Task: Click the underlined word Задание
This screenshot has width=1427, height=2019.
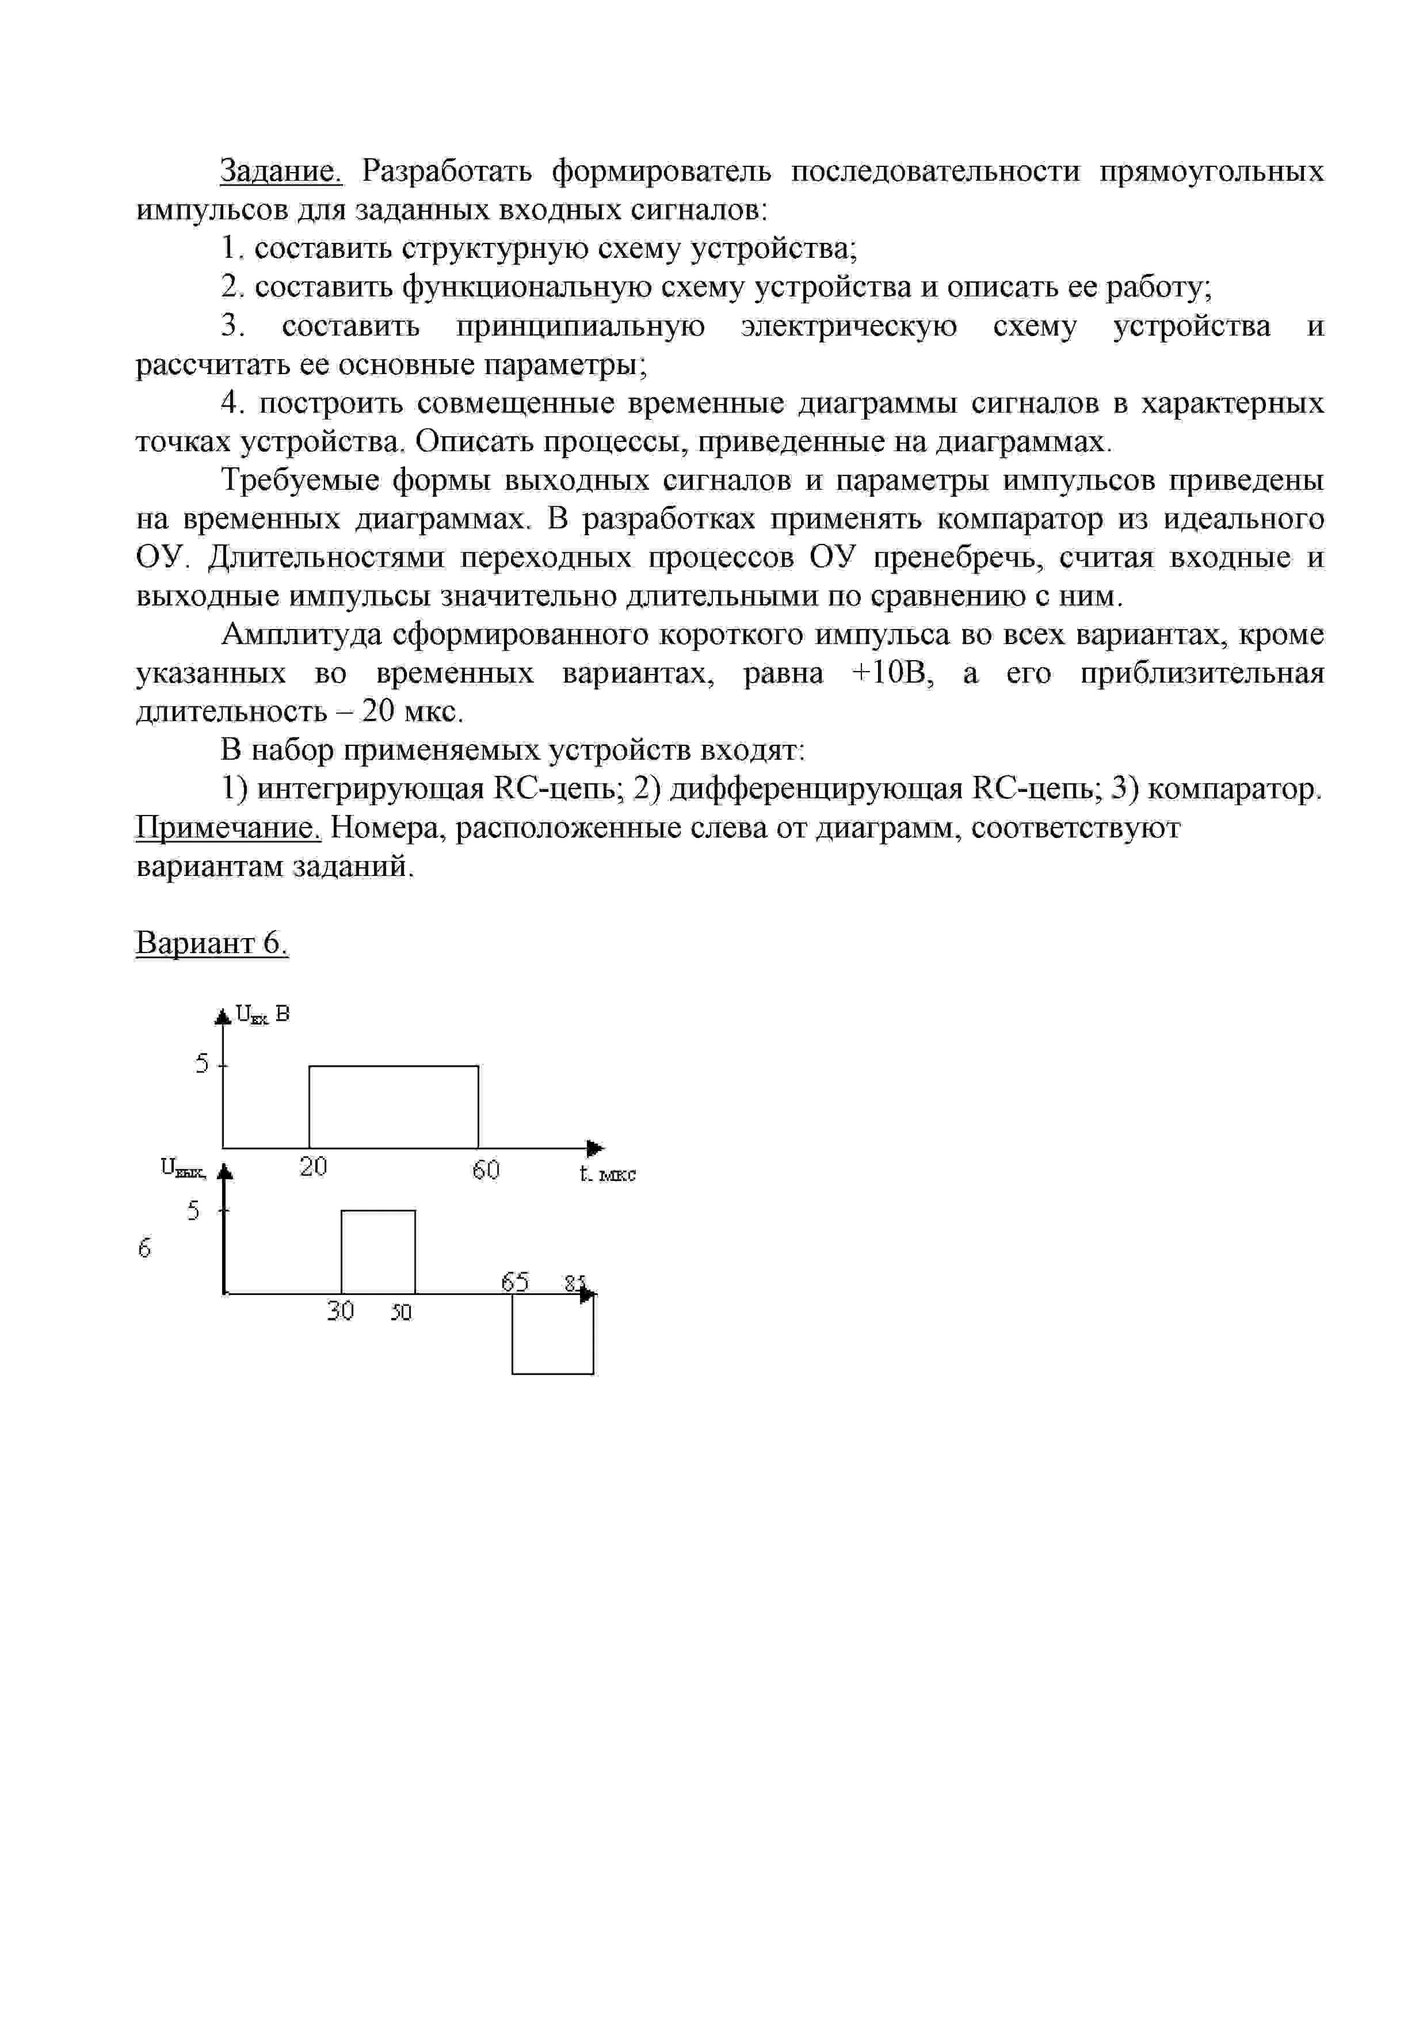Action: click(x=280, y=170)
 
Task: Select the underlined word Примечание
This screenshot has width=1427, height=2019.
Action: click(x=228, y=828)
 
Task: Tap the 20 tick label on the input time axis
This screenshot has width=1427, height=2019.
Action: click(x=313, y=1167)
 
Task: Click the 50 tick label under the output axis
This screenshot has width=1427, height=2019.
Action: click(x=401, y=1313)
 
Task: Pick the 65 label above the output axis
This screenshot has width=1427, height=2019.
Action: click(x=515, y=1282)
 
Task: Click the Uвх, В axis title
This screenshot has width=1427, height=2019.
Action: click(x=262, y=1015)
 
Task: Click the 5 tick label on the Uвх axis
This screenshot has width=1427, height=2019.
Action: click(x=202, y=1064)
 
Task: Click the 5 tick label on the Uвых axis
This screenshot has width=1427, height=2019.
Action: click(x=193, y=1211)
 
